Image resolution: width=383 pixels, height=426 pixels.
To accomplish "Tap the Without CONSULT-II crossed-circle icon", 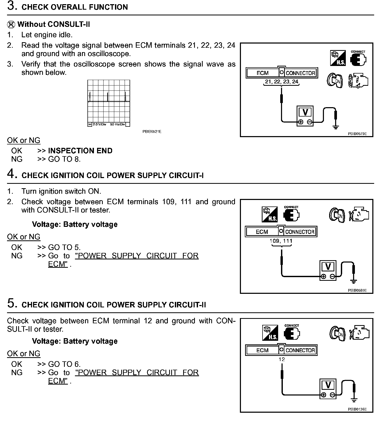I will point(11,25).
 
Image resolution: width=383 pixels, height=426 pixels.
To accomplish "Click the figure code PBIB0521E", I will point(152,132).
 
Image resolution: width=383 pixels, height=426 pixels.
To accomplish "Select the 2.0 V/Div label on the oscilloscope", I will point(99,124).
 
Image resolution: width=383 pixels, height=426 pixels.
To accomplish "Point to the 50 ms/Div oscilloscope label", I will point(117,124).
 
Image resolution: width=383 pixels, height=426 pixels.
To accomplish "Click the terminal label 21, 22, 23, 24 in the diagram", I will point(282,82).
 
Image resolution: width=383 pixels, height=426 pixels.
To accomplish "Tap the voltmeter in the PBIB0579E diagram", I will point(305,116).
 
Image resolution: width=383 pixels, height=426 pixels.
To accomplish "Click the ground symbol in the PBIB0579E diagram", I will point(336,127).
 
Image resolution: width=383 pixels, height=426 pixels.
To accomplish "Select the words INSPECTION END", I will point(80,151).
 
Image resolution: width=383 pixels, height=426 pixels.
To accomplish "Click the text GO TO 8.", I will point(64,159).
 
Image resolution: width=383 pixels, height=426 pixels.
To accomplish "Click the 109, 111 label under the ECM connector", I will point(281,241).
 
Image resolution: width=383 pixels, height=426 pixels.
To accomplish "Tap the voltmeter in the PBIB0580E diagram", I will point(328,270).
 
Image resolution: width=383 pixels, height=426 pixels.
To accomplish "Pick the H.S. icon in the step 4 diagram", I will point(270,214).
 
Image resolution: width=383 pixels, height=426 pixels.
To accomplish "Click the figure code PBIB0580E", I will point(357,290).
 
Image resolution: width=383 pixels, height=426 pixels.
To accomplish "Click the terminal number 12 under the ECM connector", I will point(282,360).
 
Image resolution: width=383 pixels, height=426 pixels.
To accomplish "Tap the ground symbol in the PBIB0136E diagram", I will point(354,400).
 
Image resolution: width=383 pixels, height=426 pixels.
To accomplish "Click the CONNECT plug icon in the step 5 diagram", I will point(292,333).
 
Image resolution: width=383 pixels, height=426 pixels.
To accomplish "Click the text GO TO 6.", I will point(64,364).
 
